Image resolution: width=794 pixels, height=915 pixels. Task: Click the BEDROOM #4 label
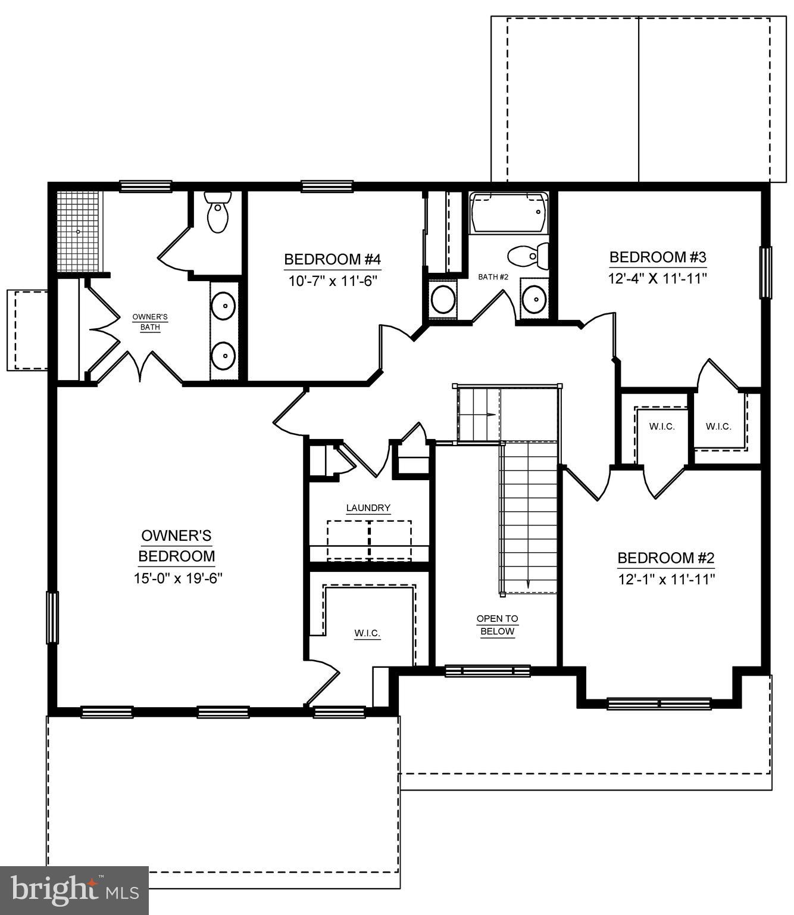[x=332, y=260]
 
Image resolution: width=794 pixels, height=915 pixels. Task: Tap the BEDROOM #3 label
[x=658, y=257]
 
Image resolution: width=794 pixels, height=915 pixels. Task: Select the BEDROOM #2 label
[x=665, y=558]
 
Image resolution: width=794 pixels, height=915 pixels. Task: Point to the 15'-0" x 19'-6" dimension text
[x=177, y=578]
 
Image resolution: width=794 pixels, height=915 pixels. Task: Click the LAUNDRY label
[x=368, y=508]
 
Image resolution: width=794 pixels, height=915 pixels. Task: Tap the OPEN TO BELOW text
[x=497, y=625]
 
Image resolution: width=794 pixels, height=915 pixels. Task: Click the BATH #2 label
[x=493, y=277]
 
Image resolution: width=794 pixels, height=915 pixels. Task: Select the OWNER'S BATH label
[x=150, y=322]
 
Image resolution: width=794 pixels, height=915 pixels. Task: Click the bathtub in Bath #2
[x=508, y=212]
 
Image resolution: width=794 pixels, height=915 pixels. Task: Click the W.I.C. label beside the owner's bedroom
[x=367, y=633]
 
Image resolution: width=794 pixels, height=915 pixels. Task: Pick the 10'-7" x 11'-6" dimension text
[x=333, y=281]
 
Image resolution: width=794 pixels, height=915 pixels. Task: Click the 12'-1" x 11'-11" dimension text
[x=666, y=580]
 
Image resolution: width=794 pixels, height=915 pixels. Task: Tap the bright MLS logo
[x=74, y=891]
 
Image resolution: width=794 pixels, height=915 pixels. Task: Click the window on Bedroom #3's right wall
[x=765, y=272]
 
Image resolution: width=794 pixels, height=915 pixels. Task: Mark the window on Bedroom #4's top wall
[x=327, y=186]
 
